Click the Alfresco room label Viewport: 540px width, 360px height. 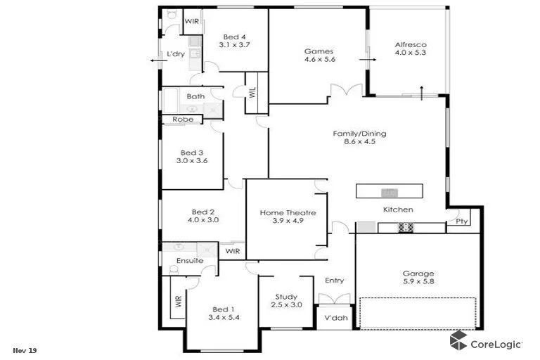coord(410,45)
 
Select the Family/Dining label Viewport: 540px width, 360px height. coord(359,134)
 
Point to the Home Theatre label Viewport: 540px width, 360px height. coord(288,212)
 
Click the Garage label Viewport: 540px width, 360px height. coord(418,274)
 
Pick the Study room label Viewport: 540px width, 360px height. coord(286,297)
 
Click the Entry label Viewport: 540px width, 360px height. coord(334,281)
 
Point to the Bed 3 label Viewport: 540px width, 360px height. coord(192,153)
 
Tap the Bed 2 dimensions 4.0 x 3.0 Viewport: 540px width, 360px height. coord(203,220)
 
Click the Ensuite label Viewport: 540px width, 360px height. coord(190,261)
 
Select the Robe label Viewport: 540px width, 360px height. coord(183,120)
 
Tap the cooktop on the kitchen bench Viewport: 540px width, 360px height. coord(406,227)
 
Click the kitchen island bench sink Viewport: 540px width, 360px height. coord(388,191)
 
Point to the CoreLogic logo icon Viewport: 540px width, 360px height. coord(459,342)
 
